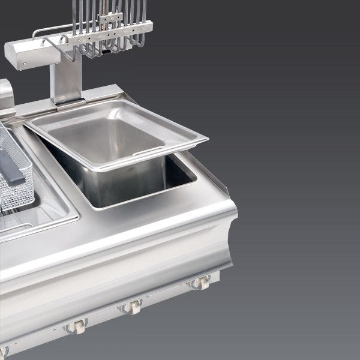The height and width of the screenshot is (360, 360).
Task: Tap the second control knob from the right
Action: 131,307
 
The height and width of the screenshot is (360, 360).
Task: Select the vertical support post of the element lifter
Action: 65,81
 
